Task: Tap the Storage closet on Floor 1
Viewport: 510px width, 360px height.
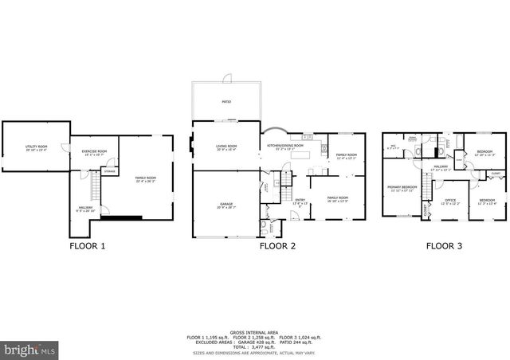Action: [110, 171]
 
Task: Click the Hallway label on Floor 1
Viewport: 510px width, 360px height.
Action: [84, 209]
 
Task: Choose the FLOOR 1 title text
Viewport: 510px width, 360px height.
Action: [85, 247]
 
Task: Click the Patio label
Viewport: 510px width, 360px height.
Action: [226, 102]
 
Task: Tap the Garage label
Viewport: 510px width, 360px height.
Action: [227, 205]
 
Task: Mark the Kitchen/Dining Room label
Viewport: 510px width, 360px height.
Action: [284, 147]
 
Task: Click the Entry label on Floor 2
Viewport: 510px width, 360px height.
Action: [300, 201]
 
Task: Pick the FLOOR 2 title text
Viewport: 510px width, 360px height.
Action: [277, 247]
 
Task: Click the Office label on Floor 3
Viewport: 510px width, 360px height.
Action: [450, 201]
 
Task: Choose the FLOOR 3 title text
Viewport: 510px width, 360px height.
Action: [444, 247]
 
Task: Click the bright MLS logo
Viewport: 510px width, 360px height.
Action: [30, 349]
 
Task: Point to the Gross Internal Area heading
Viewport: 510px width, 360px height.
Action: [255, 331]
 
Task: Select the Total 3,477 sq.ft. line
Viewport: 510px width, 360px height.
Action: [255, 347]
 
